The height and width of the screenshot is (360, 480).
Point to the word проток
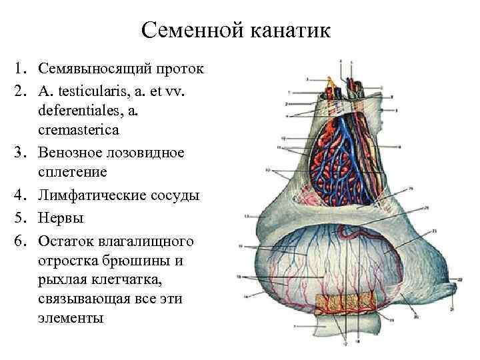[x=180, y=69]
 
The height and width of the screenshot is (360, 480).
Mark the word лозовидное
[x=147, y=151]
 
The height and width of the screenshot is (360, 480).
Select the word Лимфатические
[x=92, y=196]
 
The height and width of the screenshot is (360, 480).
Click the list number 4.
[x=24, y=196]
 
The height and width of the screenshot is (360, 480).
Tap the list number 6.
[x=24, y=239]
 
